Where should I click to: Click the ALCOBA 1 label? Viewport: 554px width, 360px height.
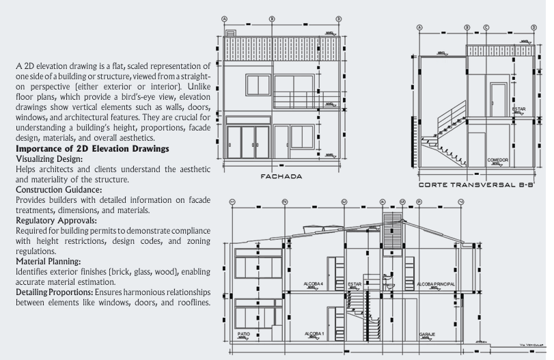[315, 334]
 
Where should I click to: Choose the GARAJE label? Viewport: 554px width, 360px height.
[428, 334]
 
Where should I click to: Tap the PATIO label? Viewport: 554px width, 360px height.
[243, 334]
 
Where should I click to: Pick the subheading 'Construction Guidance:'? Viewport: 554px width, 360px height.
[59, 189]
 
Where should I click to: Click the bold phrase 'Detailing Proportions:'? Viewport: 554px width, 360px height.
[54, 292]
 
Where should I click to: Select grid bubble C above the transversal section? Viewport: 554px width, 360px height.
[486, 28]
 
